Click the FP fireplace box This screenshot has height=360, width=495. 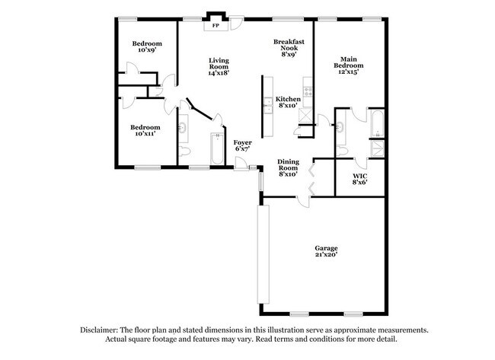(217, 24)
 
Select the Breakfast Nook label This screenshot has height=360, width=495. (289, 49)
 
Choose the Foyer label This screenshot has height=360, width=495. (242, 145)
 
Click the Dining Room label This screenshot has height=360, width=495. (287, 167)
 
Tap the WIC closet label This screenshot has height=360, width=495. (359, 179)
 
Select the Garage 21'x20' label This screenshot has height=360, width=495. (327, 252)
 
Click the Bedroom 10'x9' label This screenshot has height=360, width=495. (146, 48)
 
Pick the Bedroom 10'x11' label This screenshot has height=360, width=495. (145, 130)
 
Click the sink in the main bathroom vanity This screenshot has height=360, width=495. (340, 129)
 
